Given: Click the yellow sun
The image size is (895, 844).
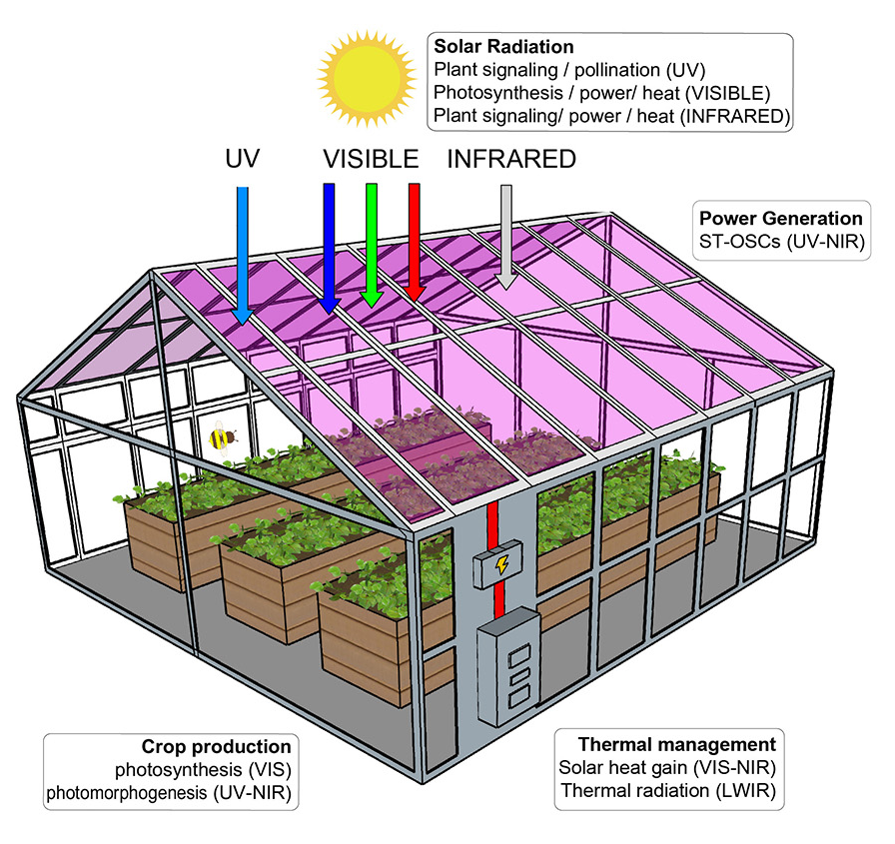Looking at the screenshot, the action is click(367, 78).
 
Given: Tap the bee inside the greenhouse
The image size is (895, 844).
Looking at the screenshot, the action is click(222, 438).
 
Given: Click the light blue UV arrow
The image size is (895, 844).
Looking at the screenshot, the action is click(243, 255).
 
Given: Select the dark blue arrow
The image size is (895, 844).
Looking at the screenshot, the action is click(329, 249).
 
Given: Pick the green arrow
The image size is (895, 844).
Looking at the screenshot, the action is click(372, 246).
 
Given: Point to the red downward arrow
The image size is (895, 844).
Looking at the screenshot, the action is click(415, 242).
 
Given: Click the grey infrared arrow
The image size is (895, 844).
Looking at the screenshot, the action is click(505, 237).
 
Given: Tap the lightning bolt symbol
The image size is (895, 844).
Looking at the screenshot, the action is click(501, 565).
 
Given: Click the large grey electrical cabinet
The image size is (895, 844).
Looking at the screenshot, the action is click(508, 666).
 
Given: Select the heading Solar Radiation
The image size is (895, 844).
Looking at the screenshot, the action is click(503, 47).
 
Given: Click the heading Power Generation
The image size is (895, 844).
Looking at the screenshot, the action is click(781, 219).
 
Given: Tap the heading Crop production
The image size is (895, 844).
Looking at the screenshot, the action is click(217, 746).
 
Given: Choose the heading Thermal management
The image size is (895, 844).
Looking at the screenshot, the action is click(677, 744).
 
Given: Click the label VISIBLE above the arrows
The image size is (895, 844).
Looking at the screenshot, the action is click(371, 159).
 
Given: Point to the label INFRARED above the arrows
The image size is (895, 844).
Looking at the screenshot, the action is click(511, 159).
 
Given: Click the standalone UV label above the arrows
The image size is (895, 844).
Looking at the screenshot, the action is click(243, 159).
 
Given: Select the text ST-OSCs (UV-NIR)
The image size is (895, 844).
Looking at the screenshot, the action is click(782, 242).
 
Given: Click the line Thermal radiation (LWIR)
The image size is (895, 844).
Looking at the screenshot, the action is click(668, 791).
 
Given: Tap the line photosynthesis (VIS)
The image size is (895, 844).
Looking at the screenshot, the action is click(203, 770).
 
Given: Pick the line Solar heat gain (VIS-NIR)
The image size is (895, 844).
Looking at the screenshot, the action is click(667, 767).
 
